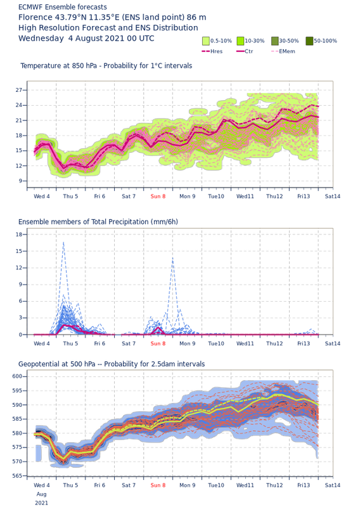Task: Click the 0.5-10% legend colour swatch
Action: (x=206, y=41)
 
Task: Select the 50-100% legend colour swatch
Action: (x=309, y=41)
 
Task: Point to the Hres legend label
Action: (x=216, y=51)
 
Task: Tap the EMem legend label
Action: (x=287, y=51)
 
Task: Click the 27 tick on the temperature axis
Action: (x=19, y=90)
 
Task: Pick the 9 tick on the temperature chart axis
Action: (x=20, y=181)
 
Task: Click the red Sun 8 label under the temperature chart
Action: (x=158, y=196)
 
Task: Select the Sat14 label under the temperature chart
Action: (x=333, y=196)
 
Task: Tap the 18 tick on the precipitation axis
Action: (x=19, y=234)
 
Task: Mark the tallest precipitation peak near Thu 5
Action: (x=63, y=242)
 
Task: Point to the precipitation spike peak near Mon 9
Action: (x=173, y=258)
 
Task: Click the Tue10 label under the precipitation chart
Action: (x=216, y=343)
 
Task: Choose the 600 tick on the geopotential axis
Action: (x=18, y=376)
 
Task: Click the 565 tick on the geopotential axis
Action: (x=18, y=476)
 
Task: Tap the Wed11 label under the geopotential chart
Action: (x=245, y=485)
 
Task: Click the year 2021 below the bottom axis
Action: (x=41, y=503)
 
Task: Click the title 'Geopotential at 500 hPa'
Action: (x=57, y=364)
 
